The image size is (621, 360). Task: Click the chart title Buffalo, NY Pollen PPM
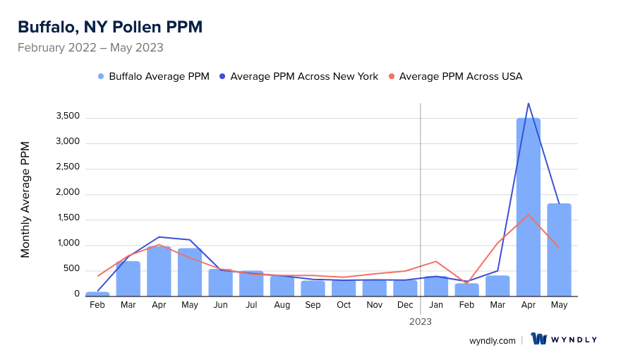click(110, 27)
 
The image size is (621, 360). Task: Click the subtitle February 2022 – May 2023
click(90, 48)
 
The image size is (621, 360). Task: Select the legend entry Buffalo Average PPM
click(154, 76)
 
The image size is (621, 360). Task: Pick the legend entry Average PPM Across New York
click(299, 76)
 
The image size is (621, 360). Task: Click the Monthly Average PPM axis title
click(25, 200)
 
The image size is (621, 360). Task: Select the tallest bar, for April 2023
click(529, 207)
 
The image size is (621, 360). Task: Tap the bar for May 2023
click(559, 249)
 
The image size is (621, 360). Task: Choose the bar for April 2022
click(159, 270)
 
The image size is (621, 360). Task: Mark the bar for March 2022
click(128, 278)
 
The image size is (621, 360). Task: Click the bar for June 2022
click(220, 282)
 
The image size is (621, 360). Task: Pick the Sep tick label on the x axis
click(313, 305)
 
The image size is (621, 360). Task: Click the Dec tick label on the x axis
click(405, 305)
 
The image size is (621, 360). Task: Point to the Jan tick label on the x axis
click(436, 305)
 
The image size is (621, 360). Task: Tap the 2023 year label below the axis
click(421, 321)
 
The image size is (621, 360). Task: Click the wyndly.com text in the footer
click(493, 340)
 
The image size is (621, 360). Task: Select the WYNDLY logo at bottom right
click(564, 340)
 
